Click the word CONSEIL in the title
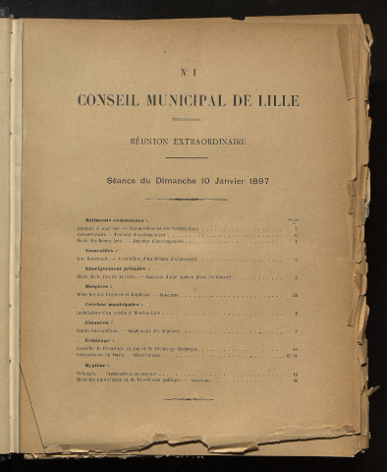pyautogui.click(x=109, y=100)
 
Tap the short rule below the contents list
pyautogui.click(x=188, y=398)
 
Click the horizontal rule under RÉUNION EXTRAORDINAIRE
pyautogui.click(x=187, y=157)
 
